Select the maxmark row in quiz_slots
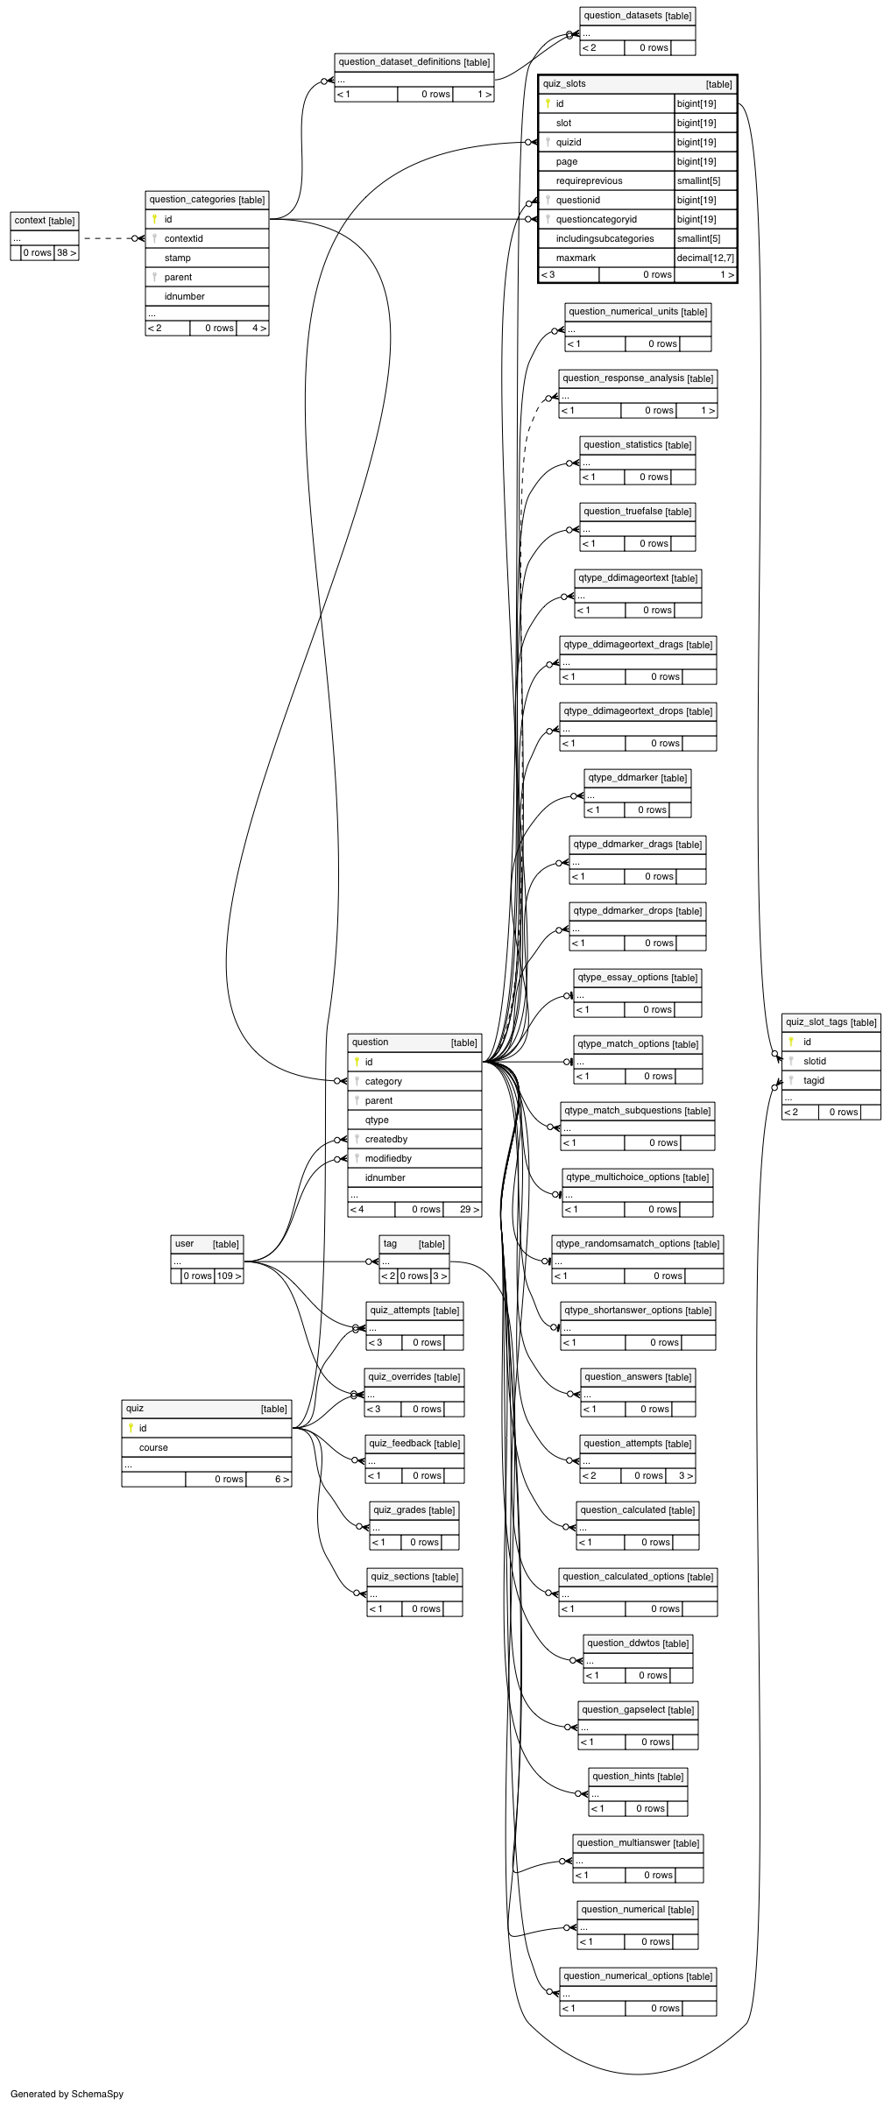pos(637,258)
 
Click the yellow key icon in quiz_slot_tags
pos(791,1042)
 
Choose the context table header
pos(45,221)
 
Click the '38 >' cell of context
pos(67,252)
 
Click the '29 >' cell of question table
pos(470,1209)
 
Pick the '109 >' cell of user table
pos(230,1276)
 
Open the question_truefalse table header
pos(638,512)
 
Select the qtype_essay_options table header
pos(638,978)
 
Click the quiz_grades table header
pos(414,1510)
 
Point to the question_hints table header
pos(638,1777)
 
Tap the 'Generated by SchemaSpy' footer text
pos(67,2094)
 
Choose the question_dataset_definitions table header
pos(414,62)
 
